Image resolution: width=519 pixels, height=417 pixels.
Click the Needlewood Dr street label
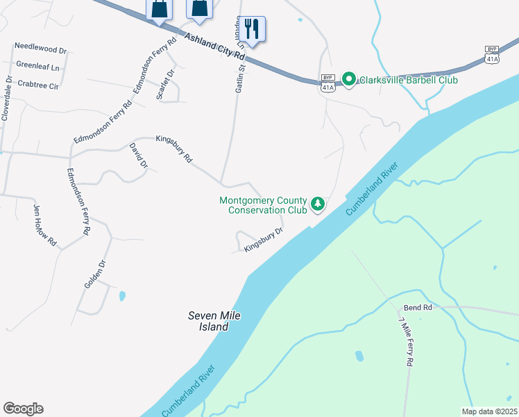[40, 51]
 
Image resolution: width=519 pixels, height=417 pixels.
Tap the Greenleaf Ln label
[37, 68]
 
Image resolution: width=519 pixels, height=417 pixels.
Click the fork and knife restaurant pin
[253, 30]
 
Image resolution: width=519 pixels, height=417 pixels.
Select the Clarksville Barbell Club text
[408, 80]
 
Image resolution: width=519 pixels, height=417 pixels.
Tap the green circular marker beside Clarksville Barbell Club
[350, 80]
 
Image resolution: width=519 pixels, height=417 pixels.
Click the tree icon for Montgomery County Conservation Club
[318, 204]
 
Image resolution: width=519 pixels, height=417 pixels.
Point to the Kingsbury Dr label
[264, 239]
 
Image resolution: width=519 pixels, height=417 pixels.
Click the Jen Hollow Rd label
[45, 226]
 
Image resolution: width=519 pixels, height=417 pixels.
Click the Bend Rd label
[418, 307]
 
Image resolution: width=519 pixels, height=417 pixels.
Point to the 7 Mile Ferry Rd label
[406, 341]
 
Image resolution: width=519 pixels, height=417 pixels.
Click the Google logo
[23, 409]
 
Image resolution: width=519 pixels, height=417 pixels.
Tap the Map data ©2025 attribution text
[488, 411]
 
